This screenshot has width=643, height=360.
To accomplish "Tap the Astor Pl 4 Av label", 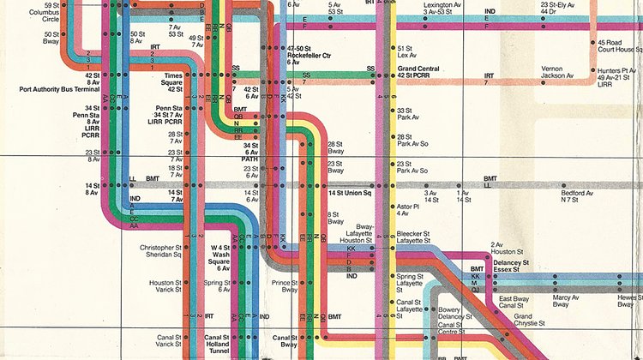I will [407, 209].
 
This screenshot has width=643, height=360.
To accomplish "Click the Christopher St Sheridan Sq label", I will [162, 251].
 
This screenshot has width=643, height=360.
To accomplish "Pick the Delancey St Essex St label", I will [513, 266].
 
